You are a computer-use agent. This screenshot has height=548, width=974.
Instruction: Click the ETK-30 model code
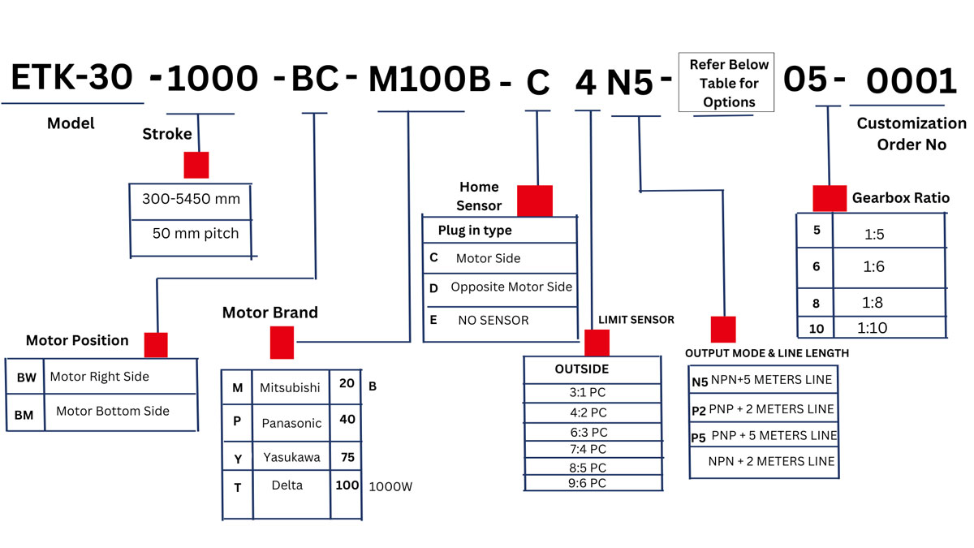point(71,77)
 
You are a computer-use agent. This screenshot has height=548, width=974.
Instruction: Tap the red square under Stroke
point(196,165)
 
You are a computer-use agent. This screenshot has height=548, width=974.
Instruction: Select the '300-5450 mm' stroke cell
point(192,199)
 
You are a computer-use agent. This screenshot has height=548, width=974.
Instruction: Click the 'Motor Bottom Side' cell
point(113,411)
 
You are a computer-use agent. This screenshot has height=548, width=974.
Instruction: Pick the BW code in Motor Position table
point(25,378)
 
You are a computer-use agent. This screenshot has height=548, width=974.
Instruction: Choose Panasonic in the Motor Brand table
point(291,423)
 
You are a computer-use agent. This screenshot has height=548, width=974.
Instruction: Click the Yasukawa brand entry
point(291,457)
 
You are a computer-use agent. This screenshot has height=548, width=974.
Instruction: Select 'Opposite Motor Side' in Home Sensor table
point(511,287)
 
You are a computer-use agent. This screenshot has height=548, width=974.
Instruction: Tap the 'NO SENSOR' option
point(493,320)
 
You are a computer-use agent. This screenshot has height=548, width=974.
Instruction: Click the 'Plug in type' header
point(475,231)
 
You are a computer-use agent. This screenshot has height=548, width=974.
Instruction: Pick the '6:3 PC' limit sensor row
point(588,432)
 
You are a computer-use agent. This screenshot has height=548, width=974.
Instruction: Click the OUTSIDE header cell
point(581,369)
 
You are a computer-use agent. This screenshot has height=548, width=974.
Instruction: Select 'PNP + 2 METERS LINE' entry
point(771,409)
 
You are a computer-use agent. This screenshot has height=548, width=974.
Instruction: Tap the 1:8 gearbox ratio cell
point(873,302)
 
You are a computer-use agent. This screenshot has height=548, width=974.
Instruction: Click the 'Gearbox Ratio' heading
point(900,198)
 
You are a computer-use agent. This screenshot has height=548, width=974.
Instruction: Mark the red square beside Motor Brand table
point(282,343)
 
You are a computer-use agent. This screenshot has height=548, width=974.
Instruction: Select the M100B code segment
point(429,80)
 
